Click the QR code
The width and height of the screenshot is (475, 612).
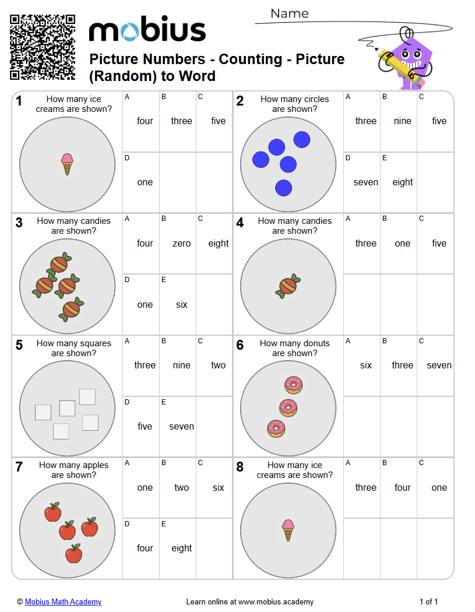pos(43,47)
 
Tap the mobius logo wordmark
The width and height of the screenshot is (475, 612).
pos(147,29)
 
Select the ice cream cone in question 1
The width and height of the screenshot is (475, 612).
pos(67,164)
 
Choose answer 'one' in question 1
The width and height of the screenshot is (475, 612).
pos(145,182)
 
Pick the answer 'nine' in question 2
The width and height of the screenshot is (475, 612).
pos(402,121)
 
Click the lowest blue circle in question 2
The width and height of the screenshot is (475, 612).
pos(284,188)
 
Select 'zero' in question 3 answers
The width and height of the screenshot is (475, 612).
pos(181,243)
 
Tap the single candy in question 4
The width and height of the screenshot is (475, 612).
pos(288,286)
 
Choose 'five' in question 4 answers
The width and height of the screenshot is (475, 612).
pos(439,243)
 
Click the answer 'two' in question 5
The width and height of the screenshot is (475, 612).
pos(218,365)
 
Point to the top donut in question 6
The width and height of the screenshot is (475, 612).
pos(294,385)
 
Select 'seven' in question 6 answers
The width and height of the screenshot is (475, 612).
pos(439,365)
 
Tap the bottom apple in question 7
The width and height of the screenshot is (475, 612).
pos(74,554)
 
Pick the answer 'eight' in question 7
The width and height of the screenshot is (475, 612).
pos(181,548)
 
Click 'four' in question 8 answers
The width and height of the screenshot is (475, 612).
pos(402,487)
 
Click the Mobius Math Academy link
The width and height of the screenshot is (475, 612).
pos(63,602)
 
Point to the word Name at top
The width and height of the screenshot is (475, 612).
pos(290,13)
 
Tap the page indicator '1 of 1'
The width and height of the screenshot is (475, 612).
pos(428,602)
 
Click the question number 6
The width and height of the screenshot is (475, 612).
pos(240,345)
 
